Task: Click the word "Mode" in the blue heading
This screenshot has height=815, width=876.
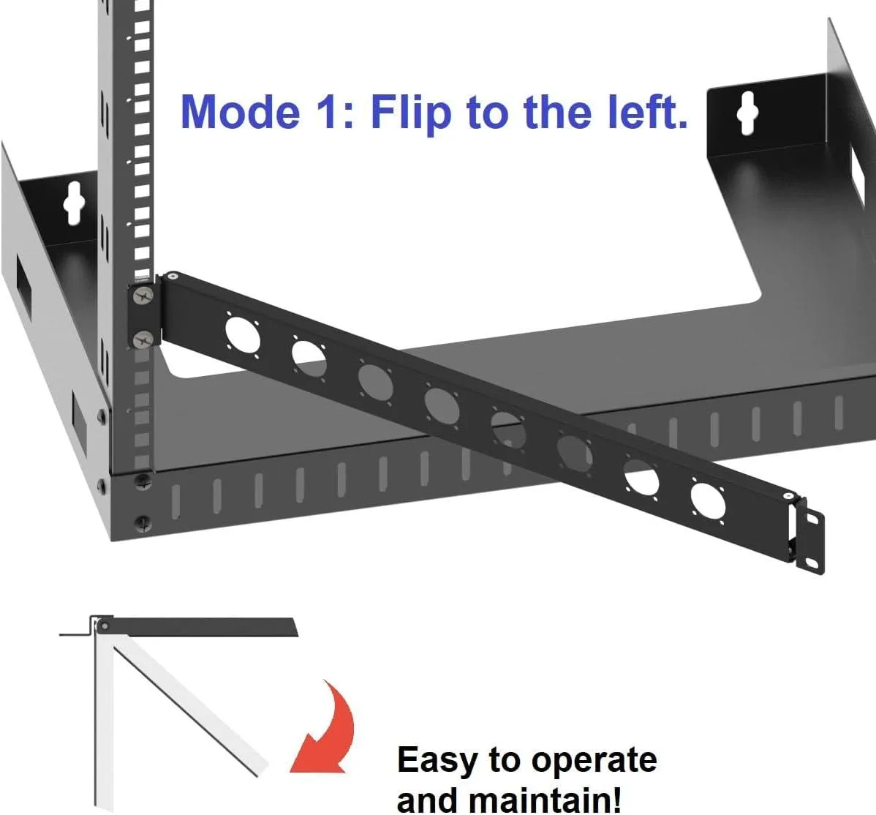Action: point(241,112)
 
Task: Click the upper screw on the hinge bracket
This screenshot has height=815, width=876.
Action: point(143,296)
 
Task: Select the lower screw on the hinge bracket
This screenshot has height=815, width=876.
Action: point(143,338)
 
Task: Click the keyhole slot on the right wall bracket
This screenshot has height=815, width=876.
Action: point(747,113)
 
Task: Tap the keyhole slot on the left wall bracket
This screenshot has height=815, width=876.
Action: point(73,203)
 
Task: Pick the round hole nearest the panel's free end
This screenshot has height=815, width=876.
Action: point(708,501)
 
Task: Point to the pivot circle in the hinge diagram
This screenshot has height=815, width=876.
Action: point(104,626)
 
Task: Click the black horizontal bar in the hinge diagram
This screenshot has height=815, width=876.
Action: point(201,627)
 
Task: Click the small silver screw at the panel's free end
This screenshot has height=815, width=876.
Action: point(788,495)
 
